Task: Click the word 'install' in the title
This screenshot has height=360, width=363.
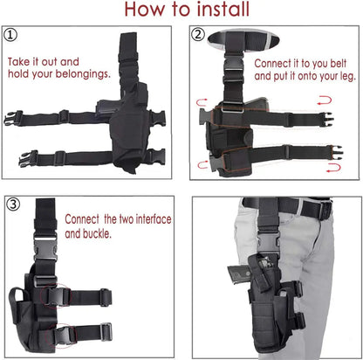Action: (x=215, y=10)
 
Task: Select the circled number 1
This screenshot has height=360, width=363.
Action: (x=11, y=36)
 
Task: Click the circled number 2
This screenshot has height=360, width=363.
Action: (x=199, y=35)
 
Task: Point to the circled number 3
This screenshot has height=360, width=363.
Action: (x=11, y=206)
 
